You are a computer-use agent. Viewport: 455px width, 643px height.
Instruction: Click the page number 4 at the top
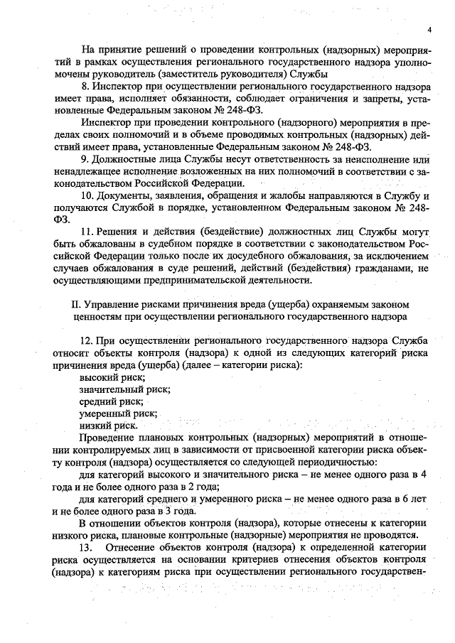pos(429,29)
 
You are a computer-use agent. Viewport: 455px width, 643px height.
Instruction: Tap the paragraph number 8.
pos(85,86)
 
